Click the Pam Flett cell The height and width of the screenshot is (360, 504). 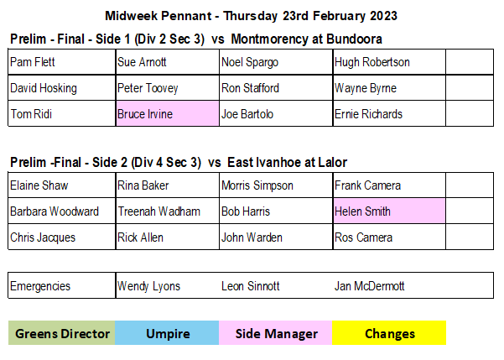(x=62, y=62)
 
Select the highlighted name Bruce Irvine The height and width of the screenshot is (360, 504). (x=145, y=114)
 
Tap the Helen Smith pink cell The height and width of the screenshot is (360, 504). (x=389, y=211)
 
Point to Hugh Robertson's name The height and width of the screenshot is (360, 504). (x=372, y=62)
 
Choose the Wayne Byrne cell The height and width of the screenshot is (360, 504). (x=389, y=88)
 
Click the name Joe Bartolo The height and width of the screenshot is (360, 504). (x=247, y=114)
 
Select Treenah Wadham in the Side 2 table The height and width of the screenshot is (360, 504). (x=158, y=211)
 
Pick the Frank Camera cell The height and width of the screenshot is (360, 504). (x=389, y=185)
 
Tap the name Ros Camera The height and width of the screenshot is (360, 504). (x=363, y=237)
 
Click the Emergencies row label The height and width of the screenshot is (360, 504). (x=40, y=286)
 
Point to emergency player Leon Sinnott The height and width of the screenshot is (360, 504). (x=251, y=286)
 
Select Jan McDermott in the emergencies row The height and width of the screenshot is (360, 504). (x=369, y=286)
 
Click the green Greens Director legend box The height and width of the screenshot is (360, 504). (x=62, y=333)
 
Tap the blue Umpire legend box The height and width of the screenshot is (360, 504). (x=167, y=333)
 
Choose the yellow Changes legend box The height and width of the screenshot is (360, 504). (x=389, y=333)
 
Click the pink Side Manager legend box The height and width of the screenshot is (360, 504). (x=275, y=333)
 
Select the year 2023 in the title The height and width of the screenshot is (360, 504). (x=383, y=16)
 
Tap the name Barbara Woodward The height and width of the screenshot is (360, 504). (x=55, y=211)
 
